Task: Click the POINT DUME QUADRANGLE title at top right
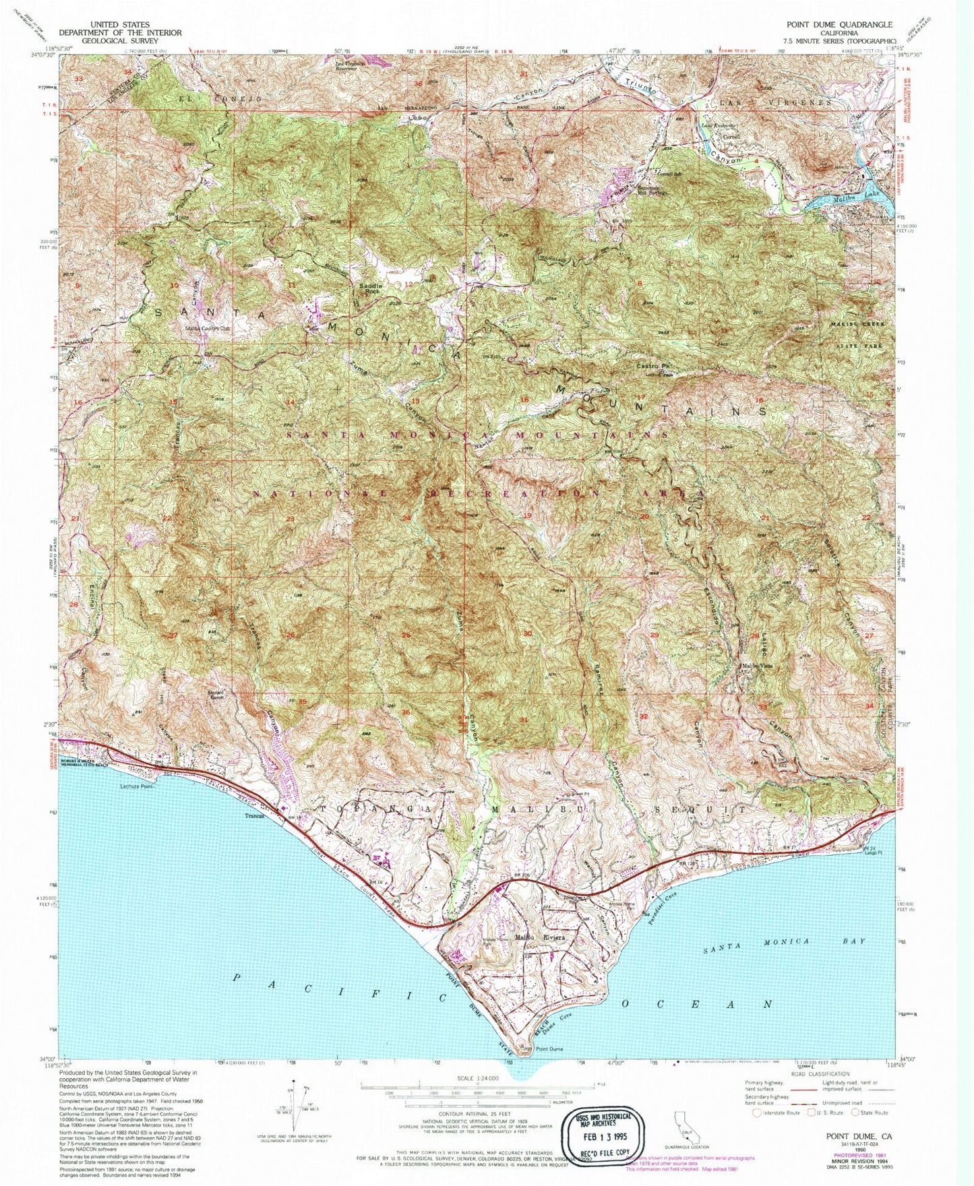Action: point(839,24)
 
